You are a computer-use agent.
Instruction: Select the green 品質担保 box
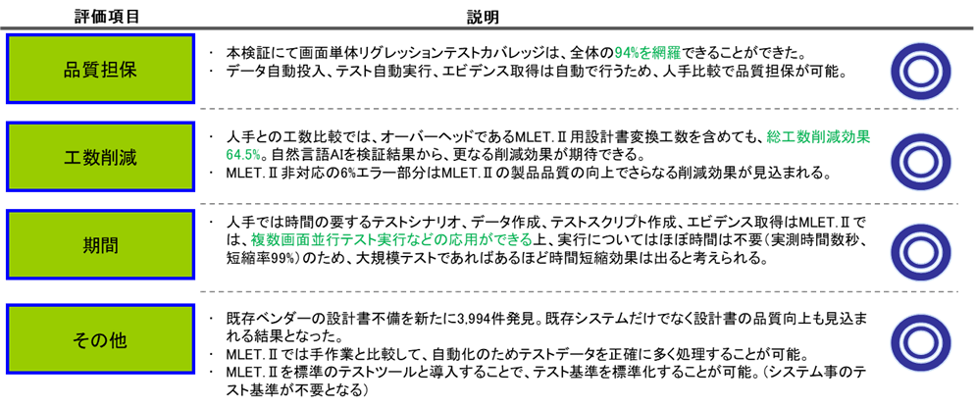click(x=104, y=70)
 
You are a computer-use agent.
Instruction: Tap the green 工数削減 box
click(x=104, y=155)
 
